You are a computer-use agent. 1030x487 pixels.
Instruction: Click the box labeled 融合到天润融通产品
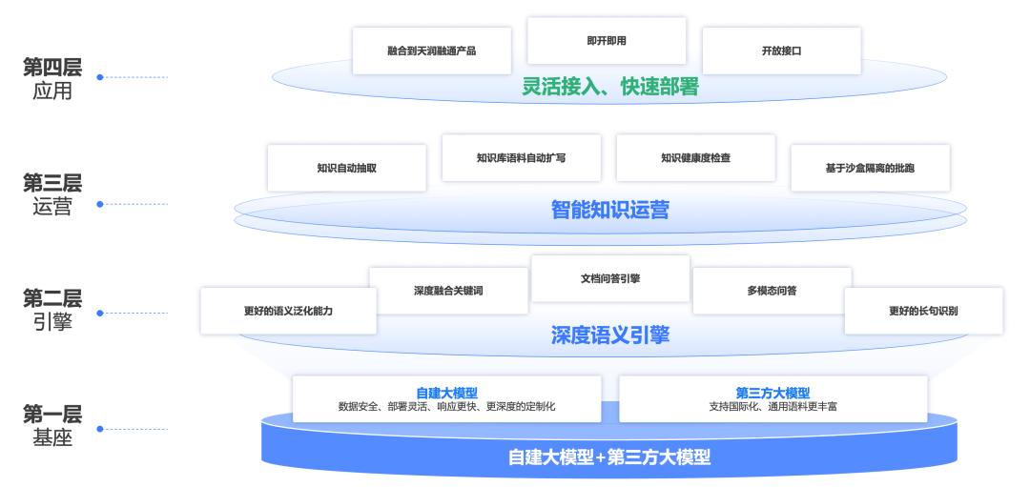coord(431,51)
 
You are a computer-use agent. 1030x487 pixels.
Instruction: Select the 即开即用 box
coord(607,41)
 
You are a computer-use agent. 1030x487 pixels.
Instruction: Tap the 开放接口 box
coord(781,51)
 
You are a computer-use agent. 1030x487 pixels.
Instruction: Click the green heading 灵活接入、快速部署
coord(610,87)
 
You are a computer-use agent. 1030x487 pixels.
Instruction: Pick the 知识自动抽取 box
coord(346,168)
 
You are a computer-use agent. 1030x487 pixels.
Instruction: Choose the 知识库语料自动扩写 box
coord(521,157)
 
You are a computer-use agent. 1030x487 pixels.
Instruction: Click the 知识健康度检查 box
coord(695,157)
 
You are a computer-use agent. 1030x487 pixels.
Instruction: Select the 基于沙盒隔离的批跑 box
coord(870,168)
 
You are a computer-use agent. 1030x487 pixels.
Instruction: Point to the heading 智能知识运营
coord(610,210)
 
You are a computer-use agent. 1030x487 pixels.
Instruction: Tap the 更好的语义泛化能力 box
coord(288,311)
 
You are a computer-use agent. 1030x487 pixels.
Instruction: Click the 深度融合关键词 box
coord(448,291)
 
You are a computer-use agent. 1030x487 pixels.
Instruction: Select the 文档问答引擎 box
coord(610,278)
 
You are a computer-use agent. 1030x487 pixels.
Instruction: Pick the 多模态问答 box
coord(772,291)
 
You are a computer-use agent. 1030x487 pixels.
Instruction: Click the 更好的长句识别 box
coord(923,311)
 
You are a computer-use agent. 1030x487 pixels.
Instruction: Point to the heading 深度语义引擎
coord(610,335)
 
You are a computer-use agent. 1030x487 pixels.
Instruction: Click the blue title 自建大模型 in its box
coord(446,393)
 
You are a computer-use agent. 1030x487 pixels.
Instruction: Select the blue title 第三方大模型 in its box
coord(772,393)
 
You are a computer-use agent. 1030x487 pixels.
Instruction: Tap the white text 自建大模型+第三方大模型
coord(609,457)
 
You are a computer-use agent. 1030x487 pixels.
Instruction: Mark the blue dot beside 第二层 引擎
coord(99,312)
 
